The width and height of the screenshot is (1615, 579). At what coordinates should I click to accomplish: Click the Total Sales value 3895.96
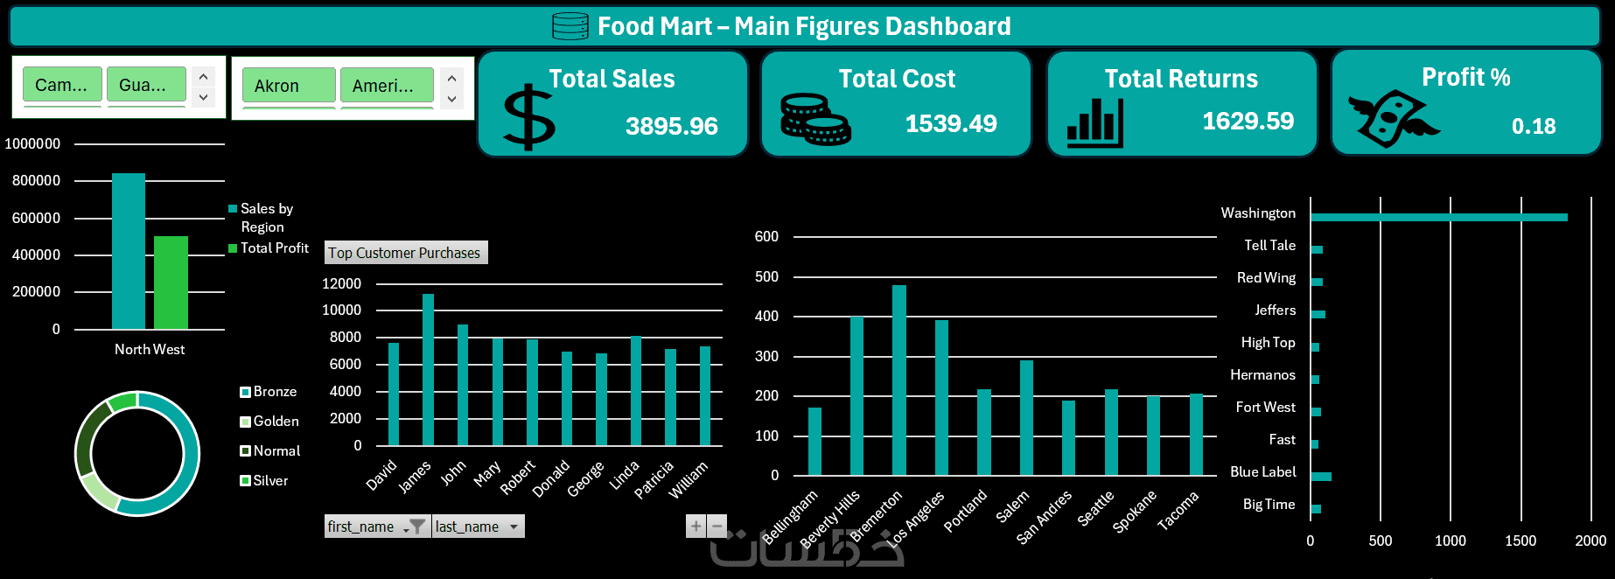coord(671,127)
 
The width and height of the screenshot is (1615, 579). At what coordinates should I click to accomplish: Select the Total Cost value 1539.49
coord(950,124)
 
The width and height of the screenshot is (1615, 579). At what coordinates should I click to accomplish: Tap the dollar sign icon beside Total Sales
coord(529,118)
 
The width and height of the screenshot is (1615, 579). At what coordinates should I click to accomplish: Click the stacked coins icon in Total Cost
coord(814,120)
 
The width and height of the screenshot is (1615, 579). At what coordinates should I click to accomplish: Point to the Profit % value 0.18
coord(1533,127)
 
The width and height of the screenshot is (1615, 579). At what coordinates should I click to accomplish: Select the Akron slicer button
coord(288,86)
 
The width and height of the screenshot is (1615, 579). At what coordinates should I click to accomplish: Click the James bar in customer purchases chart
coord(428,370)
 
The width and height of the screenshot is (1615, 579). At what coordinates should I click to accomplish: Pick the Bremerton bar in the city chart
coord(898,380)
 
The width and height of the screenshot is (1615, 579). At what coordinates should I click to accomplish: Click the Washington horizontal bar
coord(1438,217)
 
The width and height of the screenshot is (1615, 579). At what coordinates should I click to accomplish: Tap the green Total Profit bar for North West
coord(171,283)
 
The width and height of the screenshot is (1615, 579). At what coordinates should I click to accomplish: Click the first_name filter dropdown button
coord(416,527)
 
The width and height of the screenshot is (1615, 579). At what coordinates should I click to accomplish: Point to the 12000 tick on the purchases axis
coord(341,283)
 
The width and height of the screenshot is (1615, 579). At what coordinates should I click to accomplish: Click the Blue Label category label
coord(1262,472)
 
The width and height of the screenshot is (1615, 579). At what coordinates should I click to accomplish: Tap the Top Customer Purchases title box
coord(405,253)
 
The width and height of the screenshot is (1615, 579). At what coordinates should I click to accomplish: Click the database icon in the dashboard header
coord(570,26)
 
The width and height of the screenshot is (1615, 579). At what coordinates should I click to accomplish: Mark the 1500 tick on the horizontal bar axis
coord(1520,541)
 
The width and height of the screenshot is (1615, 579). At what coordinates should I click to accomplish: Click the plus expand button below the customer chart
coord(696,526)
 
